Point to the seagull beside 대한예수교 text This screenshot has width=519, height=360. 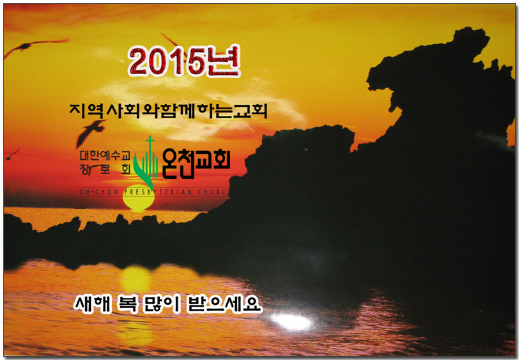(x=91, y=131)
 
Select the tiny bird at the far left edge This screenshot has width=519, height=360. (x=12, y=154)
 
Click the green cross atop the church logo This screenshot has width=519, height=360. (x=150, y=143)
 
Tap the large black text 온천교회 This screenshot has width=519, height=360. (x=196, y=166)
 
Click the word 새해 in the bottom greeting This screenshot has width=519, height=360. (x=91, y=303)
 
